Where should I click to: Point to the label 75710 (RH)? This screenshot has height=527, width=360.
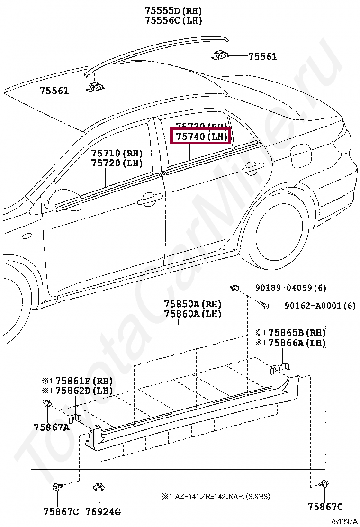pyautogui.click(x=117, y=154)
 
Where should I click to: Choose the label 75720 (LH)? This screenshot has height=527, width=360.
pyautogui.click(x=117, y=163)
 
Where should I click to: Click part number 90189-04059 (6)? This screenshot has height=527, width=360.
pyautogui.click(x=291, y=288)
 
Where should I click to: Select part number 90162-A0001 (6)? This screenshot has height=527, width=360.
pyautogui.click(x=320, y=306)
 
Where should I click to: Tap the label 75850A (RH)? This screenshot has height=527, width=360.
pyautogui.click(x=193, y=304)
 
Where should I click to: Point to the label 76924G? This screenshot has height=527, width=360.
pyautogui.click(x=103, y=511)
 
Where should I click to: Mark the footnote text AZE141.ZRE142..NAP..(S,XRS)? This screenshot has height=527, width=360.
pyautogui.click(x=223, y=496)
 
